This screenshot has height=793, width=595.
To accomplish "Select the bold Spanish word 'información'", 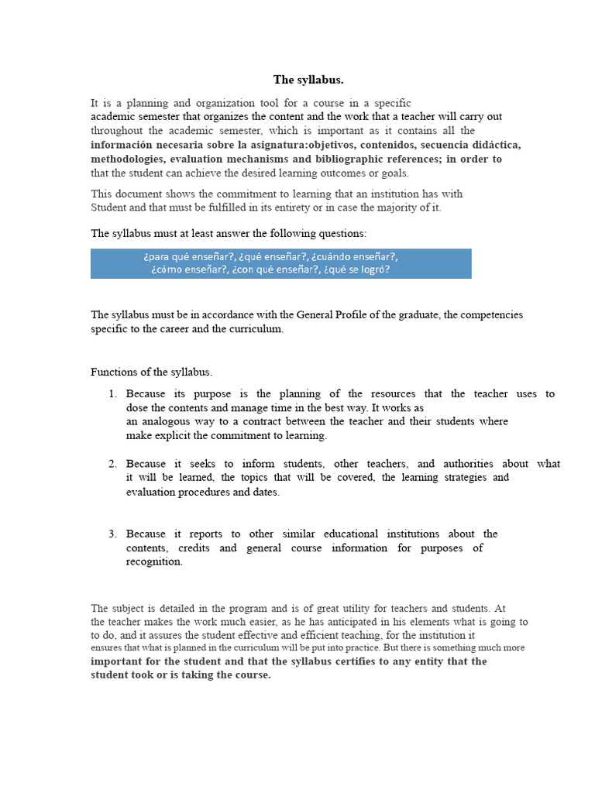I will (x=123, y=145).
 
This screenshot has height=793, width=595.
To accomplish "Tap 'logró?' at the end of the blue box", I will (x=372, y=270).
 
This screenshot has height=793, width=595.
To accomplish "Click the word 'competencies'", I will (x=488, y=314).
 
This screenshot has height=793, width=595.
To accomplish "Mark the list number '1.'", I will (x=113, y=394).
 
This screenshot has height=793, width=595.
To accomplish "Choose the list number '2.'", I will (x=113, y=464).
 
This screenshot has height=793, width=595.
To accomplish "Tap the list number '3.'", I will (x=113, y=534).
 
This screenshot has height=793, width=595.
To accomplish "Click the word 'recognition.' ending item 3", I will (x=155, y=561).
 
